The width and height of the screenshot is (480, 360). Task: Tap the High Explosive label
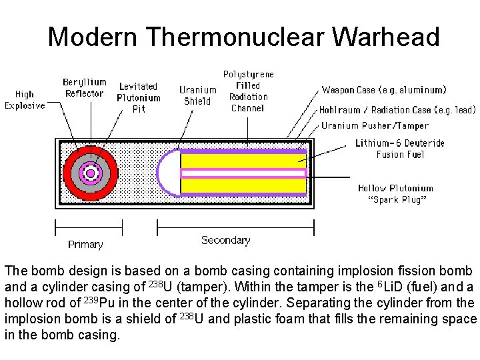point(25,100)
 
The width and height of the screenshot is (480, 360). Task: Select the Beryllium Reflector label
point(84,88)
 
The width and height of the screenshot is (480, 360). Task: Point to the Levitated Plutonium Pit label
point(139,97)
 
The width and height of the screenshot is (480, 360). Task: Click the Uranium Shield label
point(197,95)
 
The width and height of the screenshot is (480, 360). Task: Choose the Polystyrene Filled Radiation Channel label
point(248,91)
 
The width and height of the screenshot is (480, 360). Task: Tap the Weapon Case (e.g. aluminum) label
point(384,89)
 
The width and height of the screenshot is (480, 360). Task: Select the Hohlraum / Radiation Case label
point(397,110)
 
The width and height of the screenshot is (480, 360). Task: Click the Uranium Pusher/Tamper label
point(375,125)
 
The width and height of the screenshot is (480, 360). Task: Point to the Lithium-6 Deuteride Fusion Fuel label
point(399,149)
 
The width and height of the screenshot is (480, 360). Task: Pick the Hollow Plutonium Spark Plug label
point(396,194)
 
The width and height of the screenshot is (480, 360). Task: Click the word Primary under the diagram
point(85,245)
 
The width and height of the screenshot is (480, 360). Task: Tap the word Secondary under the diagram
point(225,240)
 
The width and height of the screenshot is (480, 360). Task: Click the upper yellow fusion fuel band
point(243,161)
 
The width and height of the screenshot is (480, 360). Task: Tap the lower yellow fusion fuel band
point(243,185)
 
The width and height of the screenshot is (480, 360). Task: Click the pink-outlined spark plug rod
point(243,173)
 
